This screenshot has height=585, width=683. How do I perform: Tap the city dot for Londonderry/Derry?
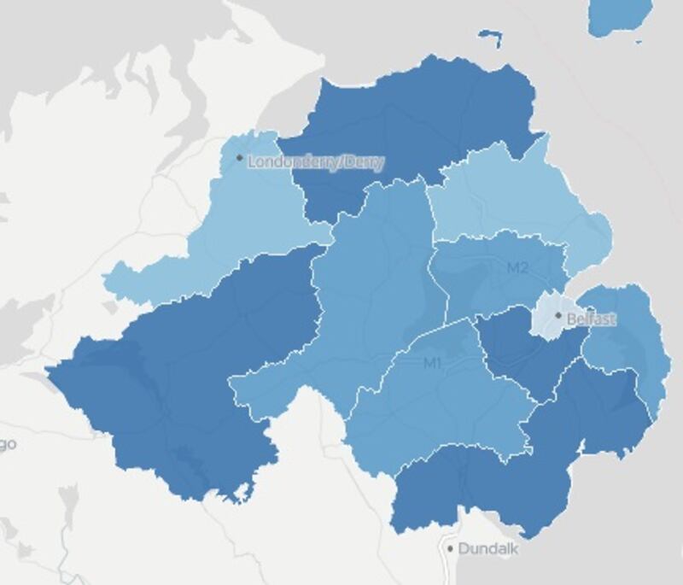tap(240, 158)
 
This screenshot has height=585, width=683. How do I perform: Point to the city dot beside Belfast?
tap(558, 315)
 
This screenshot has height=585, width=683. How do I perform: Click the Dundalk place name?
tap(487, 549)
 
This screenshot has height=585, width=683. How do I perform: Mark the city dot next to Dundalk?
tap(451, 548)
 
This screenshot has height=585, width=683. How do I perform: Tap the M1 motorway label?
tap(433, 364)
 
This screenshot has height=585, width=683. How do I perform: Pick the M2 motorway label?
tap(517, 268)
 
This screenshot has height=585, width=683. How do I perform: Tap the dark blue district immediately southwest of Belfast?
tap(521, 350)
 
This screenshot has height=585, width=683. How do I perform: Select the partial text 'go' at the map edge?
tap(9, 444)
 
